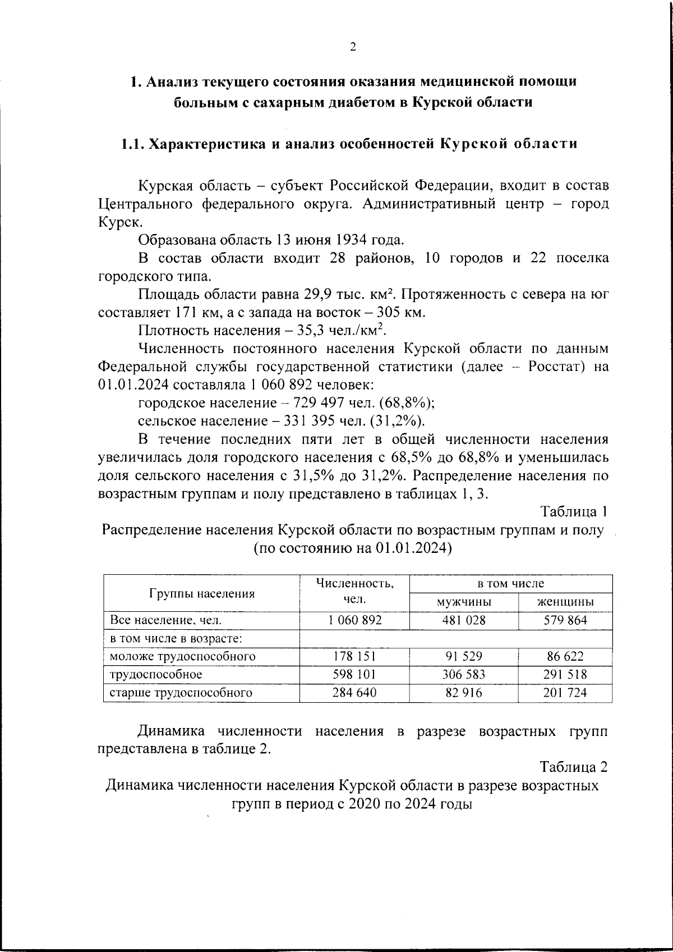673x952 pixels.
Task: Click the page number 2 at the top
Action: tap(353, 47)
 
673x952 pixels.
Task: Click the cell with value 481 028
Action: tap(464, 620)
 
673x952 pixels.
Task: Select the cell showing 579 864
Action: tap(565, 620)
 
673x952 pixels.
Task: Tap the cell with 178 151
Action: tap(354, 656)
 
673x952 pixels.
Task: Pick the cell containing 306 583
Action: tap(464, 674)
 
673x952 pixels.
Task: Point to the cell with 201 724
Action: tap(565, 693)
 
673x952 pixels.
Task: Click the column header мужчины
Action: tap(464, 602)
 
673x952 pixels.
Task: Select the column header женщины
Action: tap(565, 602)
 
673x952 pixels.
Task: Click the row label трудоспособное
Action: tap(156, 674)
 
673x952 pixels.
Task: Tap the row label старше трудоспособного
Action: tap(181, 693)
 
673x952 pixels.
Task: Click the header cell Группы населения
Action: tap(202, 593)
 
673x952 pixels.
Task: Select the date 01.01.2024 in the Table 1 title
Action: tap(411, 548)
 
